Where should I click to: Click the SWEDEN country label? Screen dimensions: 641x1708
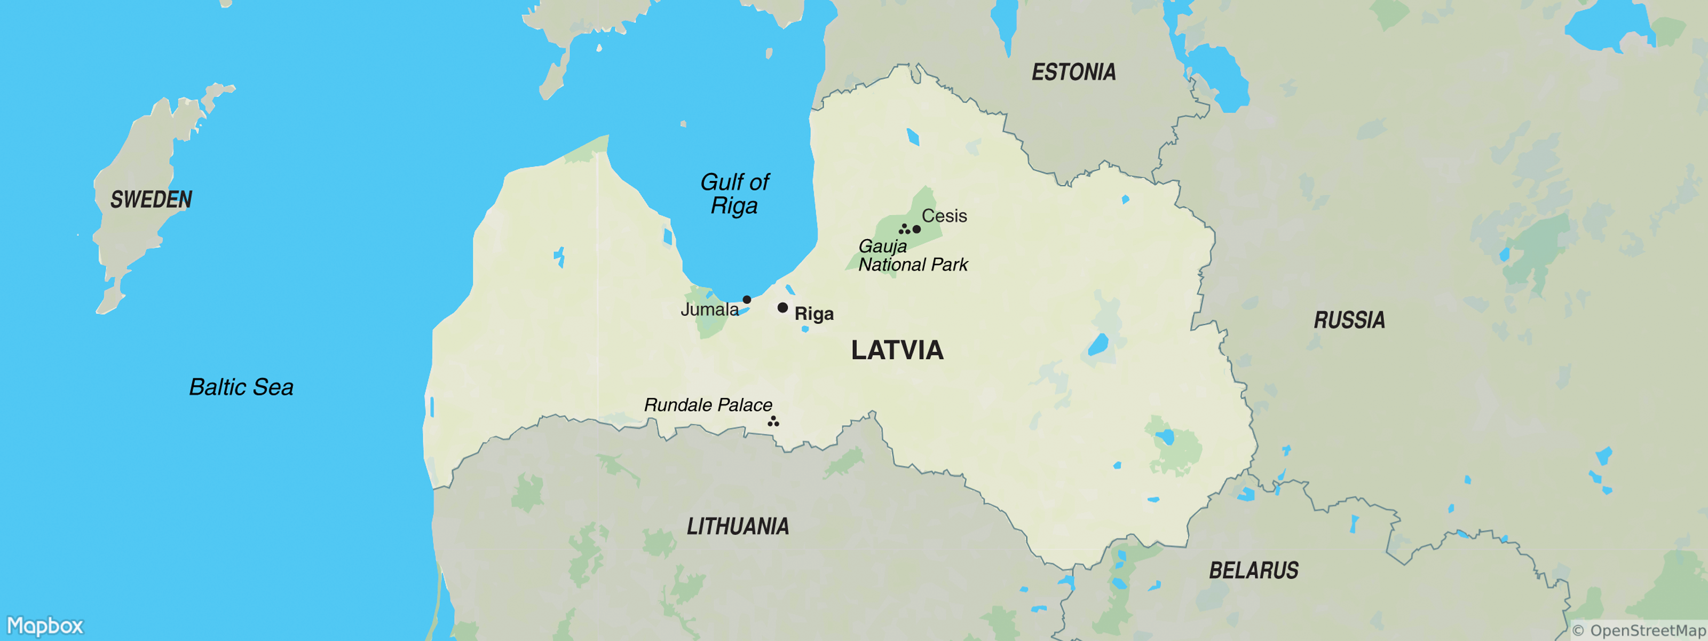click(151, 199)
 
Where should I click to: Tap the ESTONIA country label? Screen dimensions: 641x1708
click(1073, 72)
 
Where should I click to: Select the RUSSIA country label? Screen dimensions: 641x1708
click(1349, 320)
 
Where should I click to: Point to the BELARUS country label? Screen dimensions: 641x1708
click(1253, 570)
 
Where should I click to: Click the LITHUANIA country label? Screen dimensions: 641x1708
click(737, 526)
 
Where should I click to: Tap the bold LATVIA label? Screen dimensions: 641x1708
click(897, 350)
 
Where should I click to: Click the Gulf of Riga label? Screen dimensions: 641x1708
click(734, 193)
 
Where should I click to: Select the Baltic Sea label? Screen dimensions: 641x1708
click(241, 387)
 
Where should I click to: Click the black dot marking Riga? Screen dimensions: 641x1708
click(782, 307)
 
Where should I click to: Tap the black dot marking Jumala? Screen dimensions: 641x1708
click(747, 299)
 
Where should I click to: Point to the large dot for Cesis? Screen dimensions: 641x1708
click(916, 229)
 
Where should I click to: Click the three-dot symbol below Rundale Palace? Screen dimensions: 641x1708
click(773, 421)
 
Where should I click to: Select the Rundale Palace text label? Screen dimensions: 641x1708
click(708, 404)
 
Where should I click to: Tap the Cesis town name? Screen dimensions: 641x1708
click(944, 216)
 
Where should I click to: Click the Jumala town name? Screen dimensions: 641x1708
click(709, 309)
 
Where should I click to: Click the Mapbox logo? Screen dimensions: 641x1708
click(45, 626)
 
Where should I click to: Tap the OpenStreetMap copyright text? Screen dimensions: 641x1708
click(1639, 630)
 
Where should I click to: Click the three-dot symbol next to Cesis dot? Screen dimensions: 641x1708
click(904, 229)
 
